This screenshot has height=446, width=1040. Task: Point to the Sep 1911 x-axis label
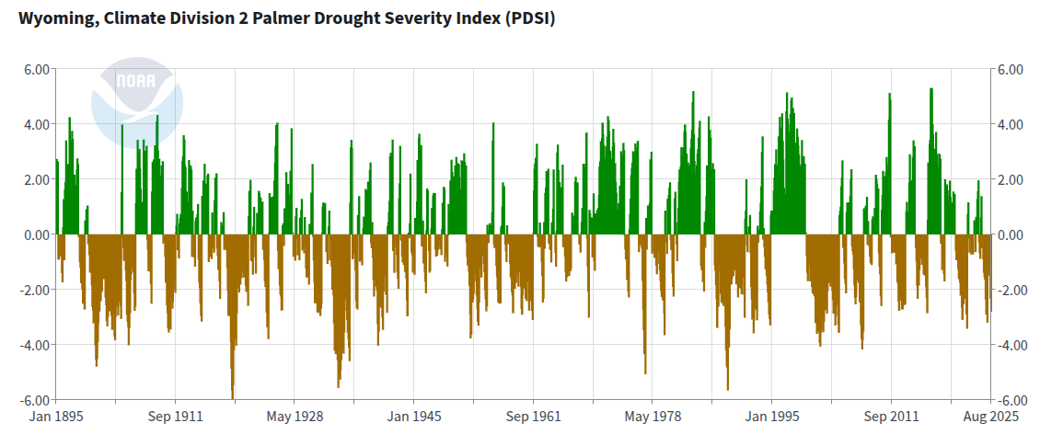click(175, 417)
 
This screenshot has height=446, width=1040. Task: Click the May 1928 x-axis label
click(294, 417)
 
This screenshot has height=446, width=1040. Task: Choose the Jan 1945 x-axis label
click(413, 417)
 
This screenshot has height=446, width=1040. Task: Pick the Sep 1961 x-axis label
click(533, 417)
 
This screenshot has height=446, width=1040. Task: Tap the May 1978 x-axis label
click(653, 417)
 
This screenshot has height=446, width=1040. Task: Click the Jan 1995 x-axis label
click(771, 417)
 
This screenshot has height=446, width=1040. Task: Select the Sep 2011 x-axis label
click(891, 417)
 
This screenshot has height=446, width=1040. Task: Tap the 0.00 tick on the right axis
click(1011, 235)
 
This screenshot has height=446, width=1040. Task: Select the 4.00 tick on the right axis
click(1011, 125)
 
